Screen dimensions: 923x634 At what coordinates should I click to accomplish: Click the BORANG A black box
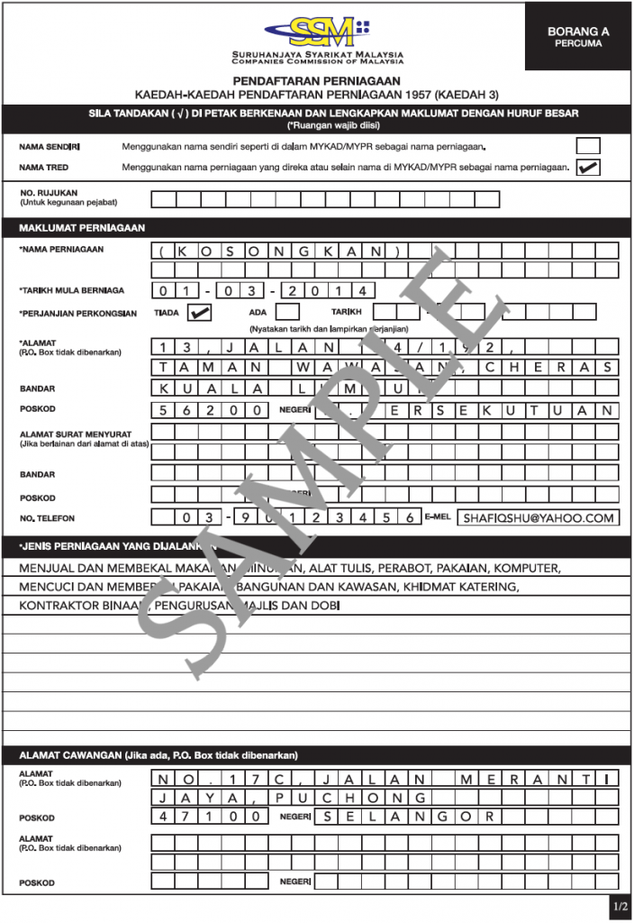(x=578, y=36)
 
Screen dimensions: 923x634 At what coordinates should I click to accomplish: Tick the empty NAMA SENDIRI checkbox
(x=588, y=145)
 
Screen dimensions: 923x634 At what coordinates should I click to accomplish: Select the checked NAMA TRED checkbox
(x=588, y=167)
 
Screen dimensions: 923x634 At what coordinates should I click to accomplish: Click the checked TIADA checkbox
(x=199, y=312)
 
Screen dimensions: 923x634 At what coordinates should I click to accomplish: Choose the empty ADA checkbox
(x=286, y=312)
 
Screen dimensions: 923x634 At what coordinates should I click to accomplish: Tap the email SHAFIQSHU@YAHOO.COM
(x=539, y=517)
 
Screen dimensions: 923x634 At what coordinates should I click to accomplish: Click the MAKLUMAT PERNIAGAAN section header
(x=82, y=228)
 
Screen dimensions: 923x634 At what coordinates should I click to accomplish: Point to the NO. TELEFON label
(x=48, y=518)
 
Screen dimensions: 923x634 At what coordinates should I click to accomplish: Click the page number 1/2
(x=620, y=905)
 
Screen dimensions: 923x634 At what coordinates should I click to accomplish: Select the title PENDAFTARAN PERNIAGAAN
(x=316, y=80)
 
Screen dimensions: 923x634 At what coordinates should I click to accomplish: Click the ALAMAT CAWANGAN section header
(x=158, y=755)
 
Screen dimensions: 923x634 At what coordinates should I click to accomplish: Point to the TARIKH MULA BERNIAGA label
(x=72, y=290)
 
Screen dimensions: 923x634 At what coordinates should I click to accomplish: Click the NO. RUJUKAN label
(x=50, y=193)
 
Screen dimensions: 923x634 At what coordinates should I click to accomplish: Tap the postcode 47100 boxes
(x=208, y=817)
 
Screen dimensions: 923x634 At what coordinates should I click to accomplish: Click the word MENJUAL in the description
(x=50, y=569)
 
